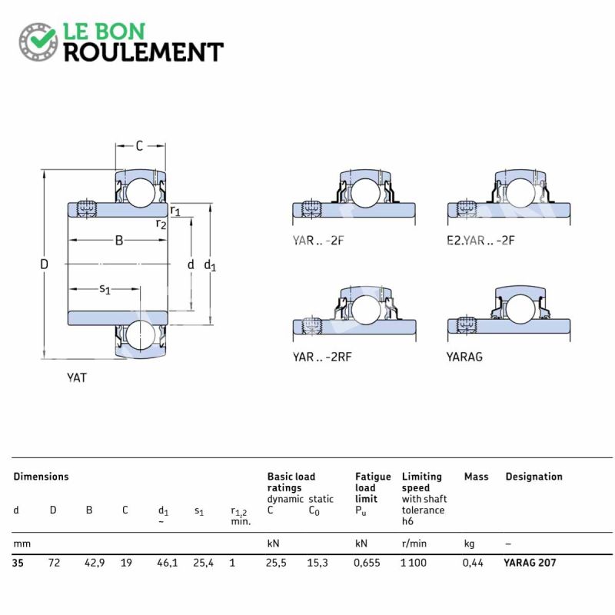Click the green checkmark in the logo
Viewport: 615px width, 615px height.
(x=42, y=38)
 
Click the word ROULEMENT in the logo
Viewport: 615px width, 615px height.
(x=144, y=52)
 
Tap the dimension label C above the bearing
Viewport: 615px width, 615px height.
(x=140, y=146)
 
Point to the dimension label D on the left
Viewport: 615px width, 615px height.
(x=44, y=264)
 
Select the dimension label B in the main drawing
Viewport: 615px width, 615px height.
(x=119, y=240)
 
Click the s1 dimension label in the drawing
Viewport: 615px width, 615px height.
(x=105, y=290)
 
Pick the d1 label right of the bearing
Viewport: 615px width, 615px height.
(x=210, y=265)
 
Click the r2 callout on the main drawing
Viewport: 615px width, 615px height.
(x=161, y=224)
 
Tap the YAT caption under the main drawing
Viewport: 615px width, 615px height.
(x=76, y=377)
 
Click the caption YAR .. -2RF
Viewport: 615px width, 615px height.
(x=322, y=357)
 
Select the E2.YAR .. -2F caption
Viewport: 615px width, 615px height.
(x=480, y=240)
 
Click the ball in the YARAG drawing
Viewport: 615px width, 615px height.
(x=520, y=309)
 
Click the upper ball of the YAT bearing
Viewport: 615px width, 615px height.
(x=141, y=193)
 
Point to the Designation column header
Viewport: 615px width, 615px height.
(x=534, y=477)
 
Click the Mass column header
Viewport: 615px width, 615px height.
(x=476, y=477)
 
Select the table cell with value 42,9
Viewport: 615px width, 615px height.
(x=95, y=563)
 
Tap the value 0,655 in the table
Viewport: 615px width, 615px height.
(x=367, y=563)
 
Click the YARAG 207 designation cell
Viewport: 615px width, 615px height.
(x=530, y=563)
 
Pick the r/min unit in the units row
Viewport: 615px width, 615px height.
(x=414, y=544)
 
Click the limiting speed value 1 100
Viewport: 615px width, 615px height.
(x=414, y=563)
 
